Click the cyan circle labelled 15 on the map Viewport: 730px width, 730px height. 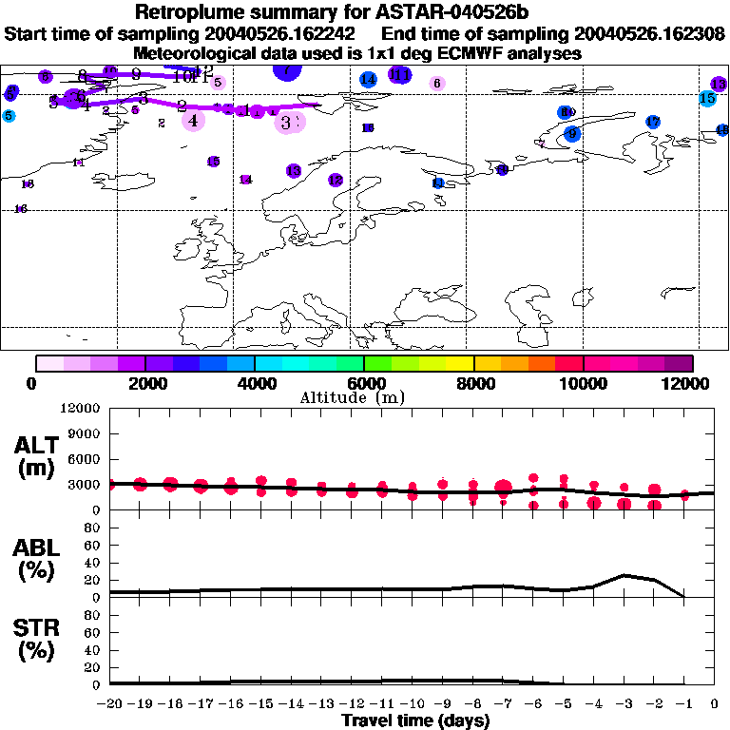pos(707,98)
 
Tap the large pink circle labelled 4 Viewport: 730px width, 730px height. pos(194,120)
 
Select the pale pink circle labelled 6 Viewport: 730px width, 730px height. pos(436,84)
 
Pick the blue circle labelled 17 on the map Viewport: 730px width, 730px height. pos(652,122)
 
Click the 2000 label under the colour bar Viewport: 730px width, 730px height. pos(144,383)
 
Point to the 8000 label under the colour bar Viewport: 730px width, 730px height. pos(473,383)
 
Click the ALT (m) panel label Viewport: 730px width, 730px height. pos(34,456)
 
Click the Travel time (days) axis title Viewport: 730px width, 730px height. pos(415,721)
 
